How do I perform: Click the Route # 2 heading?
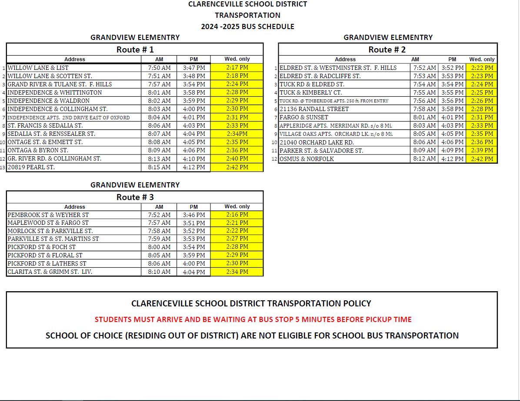pyautogui.click(x=387, y=49)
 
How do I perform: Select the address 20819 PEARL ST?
pyautogui.click(x=31, y=167)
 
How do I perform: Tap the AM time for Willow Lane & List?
pyautogui.click(x=159, y=68)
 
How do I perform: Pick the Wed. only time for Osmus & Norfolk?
pyautogui.click(x=482, y=159)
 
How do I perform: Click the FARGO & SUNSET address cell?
pyautogui.click(x=304, y=117)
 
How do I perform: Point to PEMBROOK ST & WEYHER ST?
pyautogui.click(x=48, y=215)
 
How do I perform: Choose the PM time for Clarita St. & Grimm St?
pyautogui.click(x=194, y=272)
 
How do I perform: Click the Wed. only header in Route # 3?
pyautogui.click(x=237, y=207)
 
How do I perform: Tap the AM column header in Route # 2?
pyautogui.click(x=415, y=59)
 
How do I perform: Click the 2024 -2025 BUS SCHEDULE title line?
pyautogui.click(x=247, y=26)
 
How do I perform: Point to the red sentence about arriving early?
pyautogui.click(x=253, y=319)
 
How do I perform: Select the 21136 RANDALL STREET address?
pyautogui.click(x=314, y=109)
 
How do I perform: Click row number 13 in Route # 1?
pyautogui.click(x=3, y=168)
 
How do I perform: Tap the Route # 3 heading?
pyautogui.click(x=135, y=197)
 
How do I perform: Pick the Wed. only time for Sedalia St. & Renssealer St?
pyautogui.click(x=237, y=134)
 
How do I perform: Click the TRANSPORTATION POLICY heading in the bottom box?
pyautogui.click(x=251, y=303)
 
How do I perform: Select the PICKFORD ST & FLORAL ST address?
pyautogui.click(x=45, y=255)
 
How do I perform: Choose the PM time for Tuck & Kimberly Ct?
pyautogui.click(x=453, y=92)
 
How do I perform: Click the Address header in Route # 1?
pyautogui.click(x=75, y=59)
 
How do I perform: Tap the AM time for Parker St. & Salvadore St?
pyautogui.click(x=425, y=151)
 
